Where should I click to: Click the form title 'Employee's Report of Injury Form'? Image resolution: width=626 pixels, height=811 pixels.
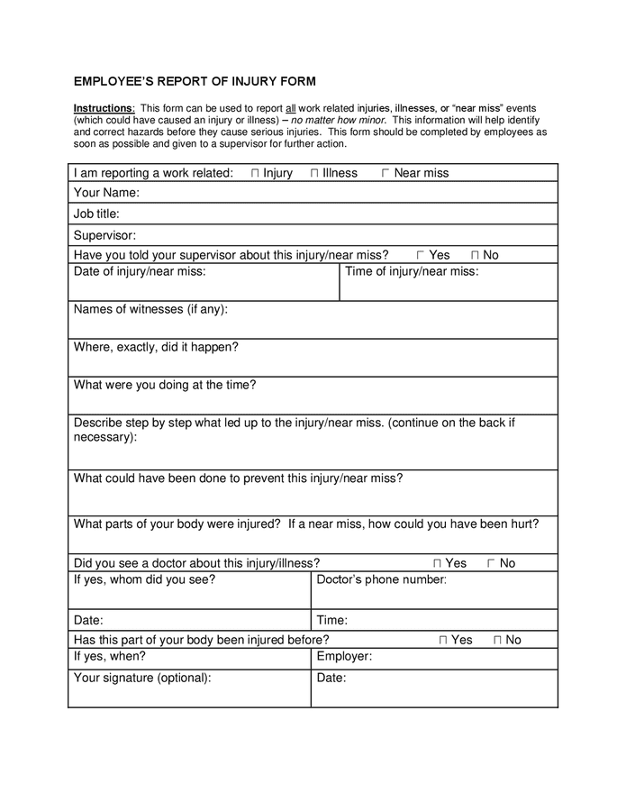pyautogui.click(x=195, y=81)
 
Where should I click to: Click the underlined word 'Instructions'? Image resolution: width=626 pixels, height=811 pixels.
pyautogui.click(x=103, y=109)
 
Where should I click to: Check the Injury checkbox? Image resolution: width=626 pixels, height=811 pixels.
pyautogui.click(x=255, y=173)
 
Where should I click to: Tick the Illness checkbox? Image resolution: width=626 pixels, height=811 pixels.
pyautogui.click(x=314, y=173)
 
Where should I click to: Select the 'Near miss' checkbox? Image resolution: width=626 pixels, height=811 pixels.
pyautogui.click(x=386, y=173)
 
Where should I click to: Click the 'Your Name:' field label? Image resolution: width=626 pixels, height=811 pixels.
pyautogui.click(x=106, y=193)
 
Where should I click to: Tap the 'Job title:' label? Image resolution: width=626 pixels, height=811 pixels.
pyautogui.click(x=96, y=214)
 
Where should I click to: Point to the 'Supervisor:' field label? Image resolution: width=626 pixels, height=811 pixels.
pyautogui.click(x=104, y=235)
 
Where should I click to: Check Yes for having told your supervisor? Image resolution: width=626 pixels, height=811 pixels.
pyautogui.click(x=421, y=256)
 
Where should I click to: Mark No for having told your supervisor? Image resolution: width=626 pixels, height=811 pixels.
pyautogui.click(x=475, y=256)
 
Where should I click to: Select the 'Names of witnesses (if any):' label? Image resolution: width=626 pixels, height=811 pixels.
pyautogui.click(x=150, y=309)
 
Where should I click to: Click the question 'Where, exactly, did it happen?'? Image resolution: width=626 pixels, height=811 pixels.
pyautogui.click(x=156, y=347)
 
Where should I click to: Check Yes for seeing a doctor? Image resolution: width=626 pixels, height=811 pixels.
pyautogui.click(x=437, y=563)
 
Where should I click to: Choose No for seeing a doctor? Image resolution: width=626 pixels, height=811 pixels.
pyautogui.click(x=491, y=563)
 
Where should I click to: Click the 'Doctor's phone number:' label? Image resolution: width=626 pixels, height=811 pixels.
pyautogui.click(x=382, y=579)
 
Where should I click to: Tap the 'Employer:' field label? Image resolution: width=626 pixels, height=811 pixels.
pyautogui.click(x=344, y=657)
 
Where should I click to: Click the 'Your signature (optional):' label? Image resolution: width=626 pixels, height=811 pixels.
pyautogui.click(x=142, y=679)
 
